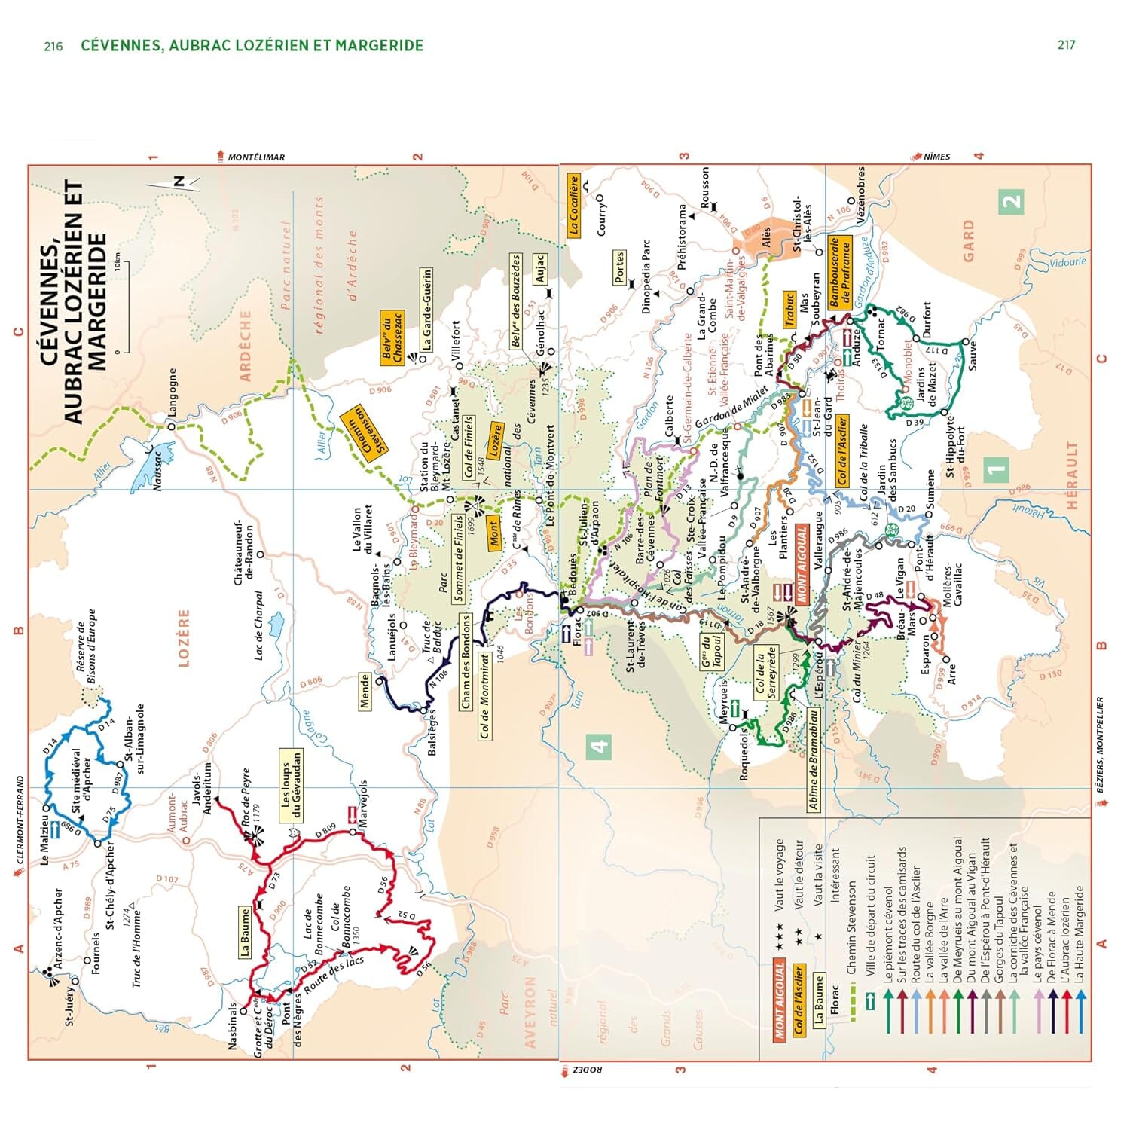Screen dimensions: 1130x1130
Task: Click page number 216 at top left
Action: [53, 46]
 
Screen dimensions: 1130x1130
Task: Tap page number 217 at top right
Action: [1066, 45]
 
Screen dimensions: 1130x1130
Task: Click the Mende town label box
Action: [365, 692]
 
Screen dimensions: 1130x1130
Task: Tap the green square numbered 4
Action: [599, 747]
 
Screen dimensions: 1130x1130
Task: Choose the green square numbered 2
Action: [1011, 200]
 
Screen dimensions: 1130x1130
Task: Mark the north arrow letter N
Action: [179, 181]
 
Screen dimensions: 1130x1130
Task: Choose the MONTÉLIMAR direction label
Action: [256, 157]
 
